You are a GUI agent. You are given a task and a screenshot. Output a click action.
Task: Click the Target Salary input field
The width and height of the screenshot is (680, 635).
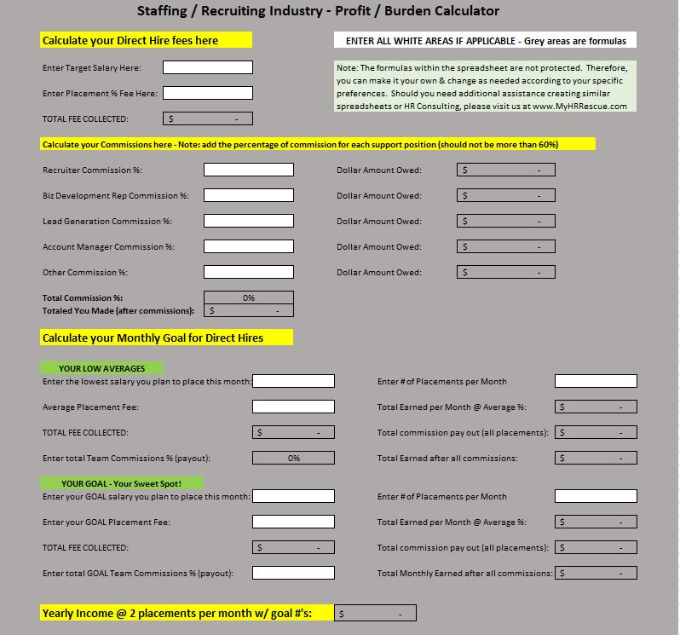207,67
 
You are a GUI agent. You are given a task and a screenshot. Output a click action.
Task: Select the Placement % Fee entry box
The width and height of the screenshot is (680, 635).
207,93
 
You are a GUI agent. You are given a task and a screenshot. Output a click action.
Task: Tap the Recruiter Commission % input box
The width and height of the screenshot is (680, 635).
248,170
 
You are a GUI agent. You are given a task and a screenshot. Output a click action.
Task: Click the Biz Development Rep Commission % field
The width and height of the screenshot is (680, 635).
248,195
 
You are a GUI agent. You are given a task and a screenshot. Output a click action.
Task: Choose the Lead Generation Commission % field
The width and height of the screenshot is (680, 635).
248,221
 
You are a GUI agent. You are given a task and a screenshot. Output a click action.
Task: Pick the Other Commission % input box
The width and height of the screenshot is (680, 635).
248,272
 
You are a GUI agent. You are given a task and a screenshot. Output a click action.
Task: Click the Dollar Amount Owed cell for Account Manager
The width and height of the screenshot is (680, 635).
505,246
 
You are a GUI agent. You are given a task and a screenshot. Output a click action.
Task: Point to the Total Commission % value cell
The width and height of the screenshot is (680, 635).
248,298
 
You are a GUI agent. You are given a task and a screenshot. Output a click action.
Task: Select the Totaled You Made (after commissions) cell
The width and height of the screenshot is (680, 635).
248,311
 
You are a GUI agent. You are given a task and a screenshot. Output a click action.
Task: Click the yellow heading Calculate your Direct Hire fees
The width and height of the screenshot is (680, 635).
146,40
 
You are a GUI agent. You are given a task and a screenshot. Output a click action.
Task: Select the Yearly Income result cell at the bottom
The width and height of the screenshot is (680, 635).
375,613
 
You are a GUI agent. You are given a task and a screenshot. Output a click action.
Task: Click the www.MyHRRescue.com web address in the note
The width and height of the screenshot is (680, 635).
579,107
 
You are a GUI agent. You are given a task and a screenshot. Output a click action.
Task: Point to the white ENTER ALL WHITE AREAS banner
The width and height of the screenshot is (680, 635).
485,40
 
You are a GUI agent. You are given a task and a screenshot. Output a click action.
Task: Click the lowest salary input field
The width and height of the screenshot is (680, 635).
293,381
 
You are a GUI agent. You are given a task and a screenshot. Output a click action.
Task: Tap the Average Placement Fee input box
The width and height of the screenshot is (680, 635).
293,407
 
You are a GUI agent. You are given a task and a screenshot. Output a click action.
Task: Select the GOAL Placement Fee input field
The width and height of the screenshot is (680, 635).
293,522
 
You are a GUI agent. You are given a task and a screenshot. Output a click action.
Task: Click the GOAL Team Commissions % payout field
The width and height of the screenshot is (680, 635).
293,573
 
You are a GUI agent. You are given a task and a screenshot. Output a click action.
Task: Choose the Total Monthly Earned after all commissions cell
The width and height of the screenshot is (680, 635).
596,573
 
